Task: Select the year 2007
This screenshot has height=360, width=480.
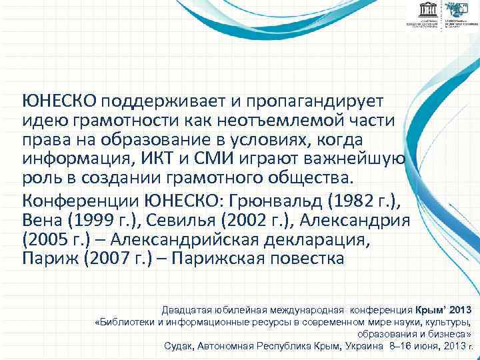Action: pyautogui.click(x=106, y=258)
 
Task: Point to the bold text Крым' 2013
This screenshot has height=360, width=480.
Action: pyautogui.click(x=443, y=310)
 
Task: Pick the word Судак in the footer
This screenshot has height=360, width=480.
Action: pyautogui.click(x=179, y=346)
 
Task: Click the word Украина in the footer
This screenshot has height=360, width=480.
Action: pyautogui.click(x=365, y=346)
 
